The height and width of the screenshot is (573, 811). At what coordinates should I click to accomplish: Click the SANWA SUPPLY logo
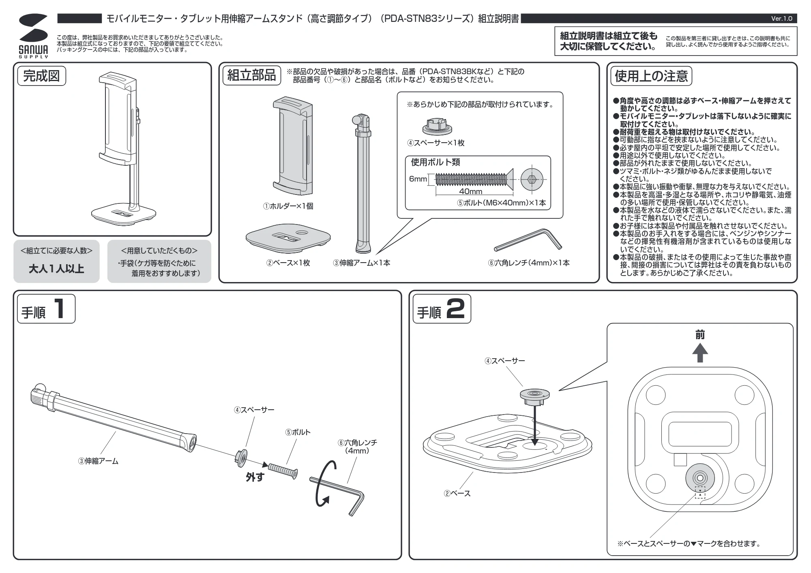[33, 36]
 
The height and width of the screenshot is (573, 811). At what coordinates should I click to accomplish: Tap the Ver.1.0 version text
[781, 19]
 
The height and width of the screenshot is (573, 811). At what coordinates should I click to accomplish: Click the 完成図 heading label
[41, 76]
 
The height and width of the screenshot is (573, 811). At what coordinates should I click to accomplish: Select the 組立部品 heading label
[251, 75]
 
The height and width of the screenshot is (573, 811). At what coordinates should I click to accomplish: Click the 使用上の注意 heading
[651, 76]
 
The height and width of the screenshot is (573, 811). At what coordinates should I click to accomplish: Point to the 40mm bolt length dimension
[471, 191]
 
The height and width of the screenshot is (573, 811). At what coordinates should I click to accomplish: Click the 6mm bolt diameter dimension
[418, 179]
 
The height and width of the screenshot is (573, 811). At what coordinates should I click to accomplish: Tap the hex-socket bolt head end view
[532, 179]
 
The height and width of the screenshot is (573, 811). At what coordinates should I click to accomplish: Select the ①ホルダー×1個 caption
[288, 206]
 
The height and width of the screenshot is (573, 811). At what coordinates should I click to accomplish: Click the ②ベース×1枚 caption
[288, 263]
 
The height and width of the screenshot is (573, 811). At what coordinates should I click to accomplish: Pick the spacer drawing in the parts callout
[437, 126]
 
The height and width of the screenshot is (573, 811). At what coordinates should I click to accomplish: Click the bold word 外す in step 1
[255, 477]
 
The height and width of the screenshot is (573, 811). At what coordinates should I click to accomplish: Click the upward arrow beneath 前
[700, 353]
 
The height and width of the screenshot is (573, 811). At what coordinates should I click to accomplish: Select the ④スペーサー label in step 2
[505, 361]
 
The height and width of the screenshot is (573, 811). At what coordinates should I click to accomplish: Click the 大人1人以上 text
[56, 269]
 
